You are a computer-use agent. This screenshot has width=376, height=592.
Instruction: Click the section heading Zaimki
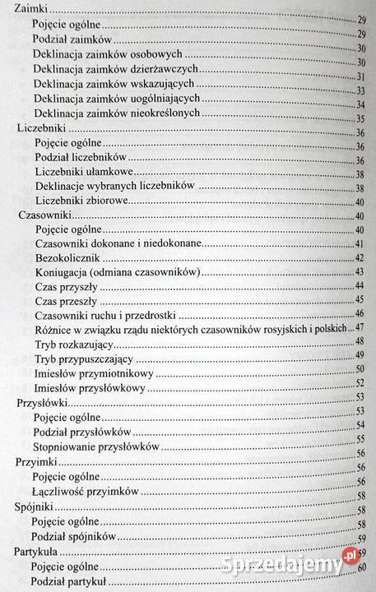pyautogui.click(x=25, y=8)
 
